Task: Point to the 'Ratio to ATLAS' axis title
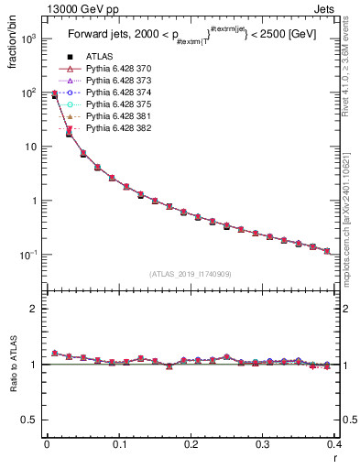[13, 365]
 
